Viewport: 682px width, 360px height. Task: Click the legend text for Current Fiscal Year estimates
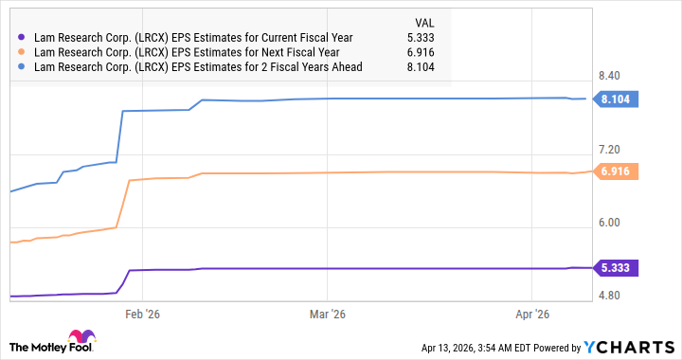(x=192, y=37)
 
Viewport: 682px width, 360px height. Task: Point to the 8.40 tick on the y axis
(x=611, y=76)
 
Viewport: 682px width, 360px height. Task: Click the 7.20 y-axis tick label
(x=611, y=150)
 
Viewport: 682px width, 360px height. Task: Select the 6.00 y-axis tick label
(x=611, y=223)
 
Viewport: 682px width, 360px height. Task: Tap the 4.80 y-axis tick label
(x=611, y=296)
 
